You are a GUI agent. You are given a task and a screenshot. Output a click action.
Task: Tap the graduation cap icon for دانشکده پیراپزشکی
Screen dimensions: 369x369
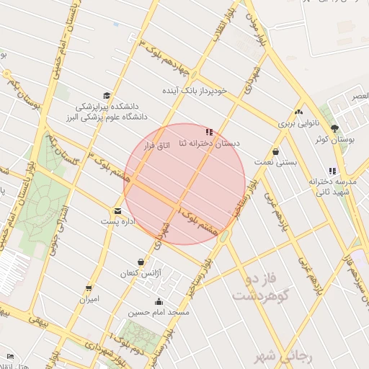pyautogui.click(x=107, y=96)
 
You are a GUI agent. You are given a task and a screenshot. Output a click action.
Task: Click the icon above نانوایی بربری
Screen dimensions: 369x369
pyautogui.click(x=298, y=112)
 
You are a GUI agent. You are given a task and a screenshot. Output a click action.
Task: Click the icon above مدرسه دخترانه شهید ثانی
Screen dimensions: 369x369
pyautogui.click(x=332, y=171)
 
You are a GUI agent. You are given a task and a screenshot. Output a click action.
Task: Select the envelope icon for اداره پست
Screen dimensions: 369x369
pyautogui.click(x=117, y=211)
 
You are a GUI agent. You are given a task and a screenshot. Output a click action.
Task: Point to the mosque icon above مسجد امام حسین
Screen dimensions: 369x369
pyautogui.click(x=159, y=302)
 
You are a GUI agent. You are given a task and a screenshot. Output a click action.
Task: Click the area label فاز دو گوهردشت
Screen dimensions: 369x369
pyautogui.click(x=260, y=285)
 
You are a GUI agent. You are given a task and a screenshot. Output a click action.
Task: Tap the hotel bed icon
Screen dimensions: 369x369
pyautogui.click(x=9, y=357)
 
